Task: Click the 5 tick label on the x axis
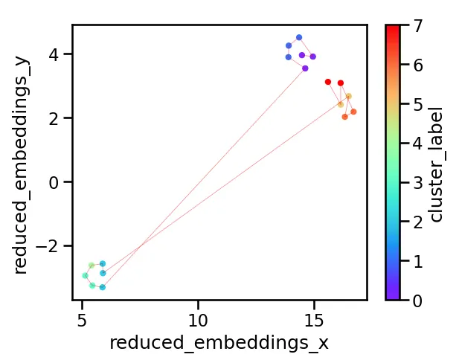(82, 319)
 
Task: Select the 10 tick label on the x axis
(198, 319)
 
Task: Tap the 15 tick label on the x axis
(314, 319)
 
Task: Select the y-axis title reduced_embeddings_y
(21, 162)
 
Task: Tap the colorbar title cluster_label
(438, 162)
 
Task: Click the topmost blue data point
(299, 37)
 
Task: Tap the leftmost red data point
(328, 82)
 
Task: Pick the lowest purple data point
(305, 68)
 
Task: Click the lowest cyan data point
(103, 287)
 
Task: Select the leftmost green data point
(85, 276)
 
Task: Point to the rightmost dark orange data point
(353, 112)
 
